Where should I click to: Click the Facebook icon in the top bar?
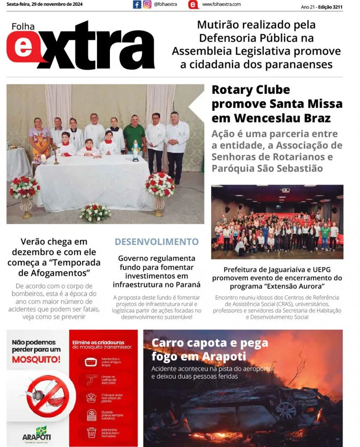point(137,4)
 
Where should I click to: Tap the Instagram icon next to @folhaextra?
point(147,4)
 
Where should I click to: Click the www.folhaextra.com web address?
point(221,4)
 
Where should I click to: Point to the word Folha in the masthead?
point(23,27)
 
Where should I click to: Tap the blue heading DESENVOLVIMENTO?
point(156,242)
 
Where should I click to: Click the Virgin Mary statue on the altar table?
point(135,150)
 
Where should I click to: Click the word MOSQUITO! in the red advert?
point(36,359)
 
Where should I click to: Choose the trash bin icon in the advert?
point(92,432)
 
